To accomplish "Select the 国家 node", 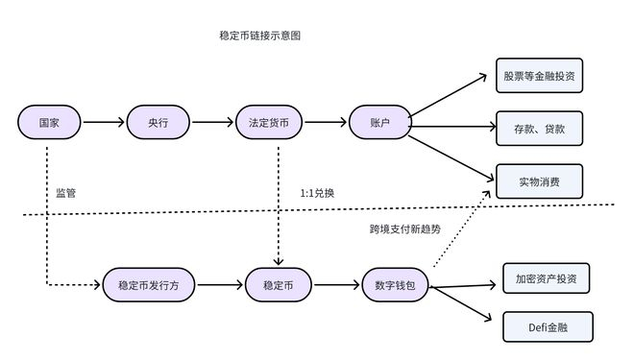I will pos(48,123).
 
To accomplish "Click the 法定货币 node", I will pos(268,123).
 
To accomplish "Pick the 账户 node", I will pos(379,123).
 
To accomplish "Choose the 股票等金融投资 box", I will pos(539,75).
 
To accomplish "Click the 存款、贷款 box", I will pos(539,128).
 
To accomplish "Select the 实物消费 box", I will pos(539,180).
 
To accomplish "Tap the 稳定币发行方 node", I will pos(148,285).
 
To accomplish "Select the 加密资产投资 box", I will pos(546,278).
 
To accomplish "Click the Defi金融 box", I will pos(548,326).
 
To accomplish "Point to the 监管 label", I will pos(66,193).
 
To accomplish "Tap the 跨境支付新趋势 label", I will pos(404,229).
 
